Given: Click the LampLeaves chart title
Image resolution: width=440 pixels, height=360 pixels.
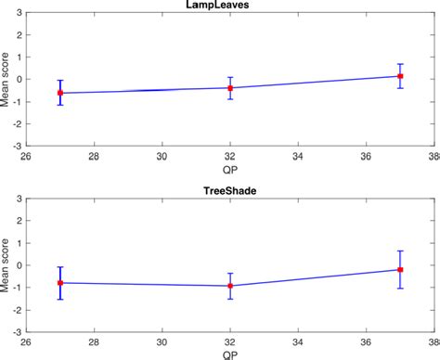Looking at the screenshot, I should [228, 6].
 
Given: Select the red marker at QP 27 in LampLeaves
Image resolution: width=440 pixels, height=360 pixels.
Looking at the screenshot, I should [60, 93].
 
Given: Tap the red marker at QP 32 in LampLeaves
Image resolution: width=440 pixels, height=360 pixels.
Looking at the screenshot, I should [229, 88].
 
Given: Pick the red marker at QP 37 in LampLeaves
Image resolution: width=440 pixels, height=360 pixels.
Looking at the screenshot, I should [400, 76].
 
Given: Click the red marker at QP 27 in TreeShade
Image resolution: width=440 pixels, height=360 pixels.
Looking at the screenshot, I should [60, 283].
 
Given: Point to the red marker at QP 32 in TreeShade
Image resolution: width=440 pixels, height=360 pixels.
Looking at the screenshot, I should [229, 286].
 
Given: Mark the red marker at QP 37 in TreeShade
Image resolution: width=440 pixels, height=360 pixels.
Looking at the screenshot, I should [400, 269].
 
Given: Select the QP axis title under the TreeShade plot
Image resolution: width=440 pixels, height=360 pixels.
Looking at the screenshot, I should [229, 354].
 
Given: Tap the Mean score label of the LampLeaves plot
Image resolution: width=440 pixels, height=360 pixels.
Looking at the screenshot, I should [6, 80].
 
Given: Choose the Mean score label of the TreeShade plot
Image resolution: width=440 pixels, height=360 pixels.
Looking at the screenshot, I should [6, 265].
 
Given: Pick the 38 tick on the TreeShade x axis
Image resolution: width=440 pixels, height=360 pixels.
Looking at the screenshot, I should [433, 340].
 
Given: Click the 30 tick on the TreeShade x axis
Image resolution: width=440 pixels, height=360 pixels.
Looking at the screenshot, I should [162, 340].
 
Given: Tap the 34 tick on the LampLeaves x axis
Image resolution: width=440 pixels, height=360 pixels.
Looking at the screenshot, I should [297, 155].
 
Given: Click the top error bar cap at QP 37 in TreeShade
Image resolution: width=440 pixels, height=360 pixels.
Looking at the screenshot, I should [400, 251].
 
